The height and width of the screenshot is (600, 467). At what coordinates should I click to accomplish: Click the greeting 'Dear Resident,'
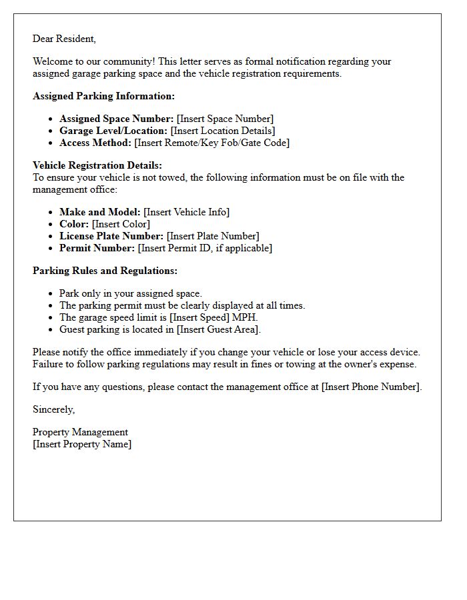point(64,39)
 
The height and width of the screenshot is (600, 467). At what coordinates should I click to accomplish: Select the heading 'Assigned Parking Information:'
point(103,96)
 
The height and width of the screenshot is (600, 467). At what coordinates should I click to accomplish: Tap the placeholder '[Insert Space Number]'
point(225,119)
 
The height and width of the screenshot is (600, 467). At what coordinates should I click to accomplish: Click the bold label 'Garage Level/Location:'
point(113,131)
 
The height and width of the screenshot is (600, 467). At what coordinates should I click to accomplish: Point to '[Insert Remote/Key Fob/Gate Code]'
point(211,143)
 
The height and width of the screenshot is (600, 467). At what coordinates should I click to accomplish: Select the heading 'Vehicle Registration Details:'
point(97,165)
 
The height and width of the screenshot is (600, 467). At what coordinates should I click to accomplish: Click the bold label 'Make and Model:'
point(99,212)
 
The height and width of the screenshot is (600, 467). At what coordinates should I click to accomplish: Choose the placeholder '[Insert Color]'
point(121,224)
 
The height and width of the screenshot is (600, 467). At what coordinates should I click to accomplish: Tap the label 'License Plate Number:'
point(111,236)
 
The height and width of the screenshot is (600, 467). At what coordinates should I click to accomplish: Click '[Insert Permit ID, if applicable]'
point(205,248)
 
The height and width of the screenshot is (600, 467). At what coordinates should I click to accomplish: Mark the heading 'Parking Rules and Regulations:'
point(105,271)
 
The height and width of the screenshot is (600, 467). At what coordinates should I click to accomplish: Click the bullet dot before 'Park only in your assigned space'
point(51,294)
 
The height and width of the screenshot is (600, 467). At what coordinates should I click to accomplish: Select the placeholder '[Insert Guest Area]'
point(219,329)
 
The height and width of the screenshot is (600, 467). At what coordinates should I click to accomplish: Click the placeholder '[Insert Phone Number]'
point(372,387)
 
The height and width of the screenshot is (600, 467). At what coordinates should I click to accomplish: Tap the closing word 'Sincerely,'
point(53,409)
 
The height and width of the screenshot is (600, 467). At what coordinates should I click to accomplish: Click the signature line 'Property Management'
point(80,432)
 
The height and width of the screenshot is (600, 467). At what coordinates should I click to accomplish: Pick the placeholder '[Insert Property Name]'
point(82,444)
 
